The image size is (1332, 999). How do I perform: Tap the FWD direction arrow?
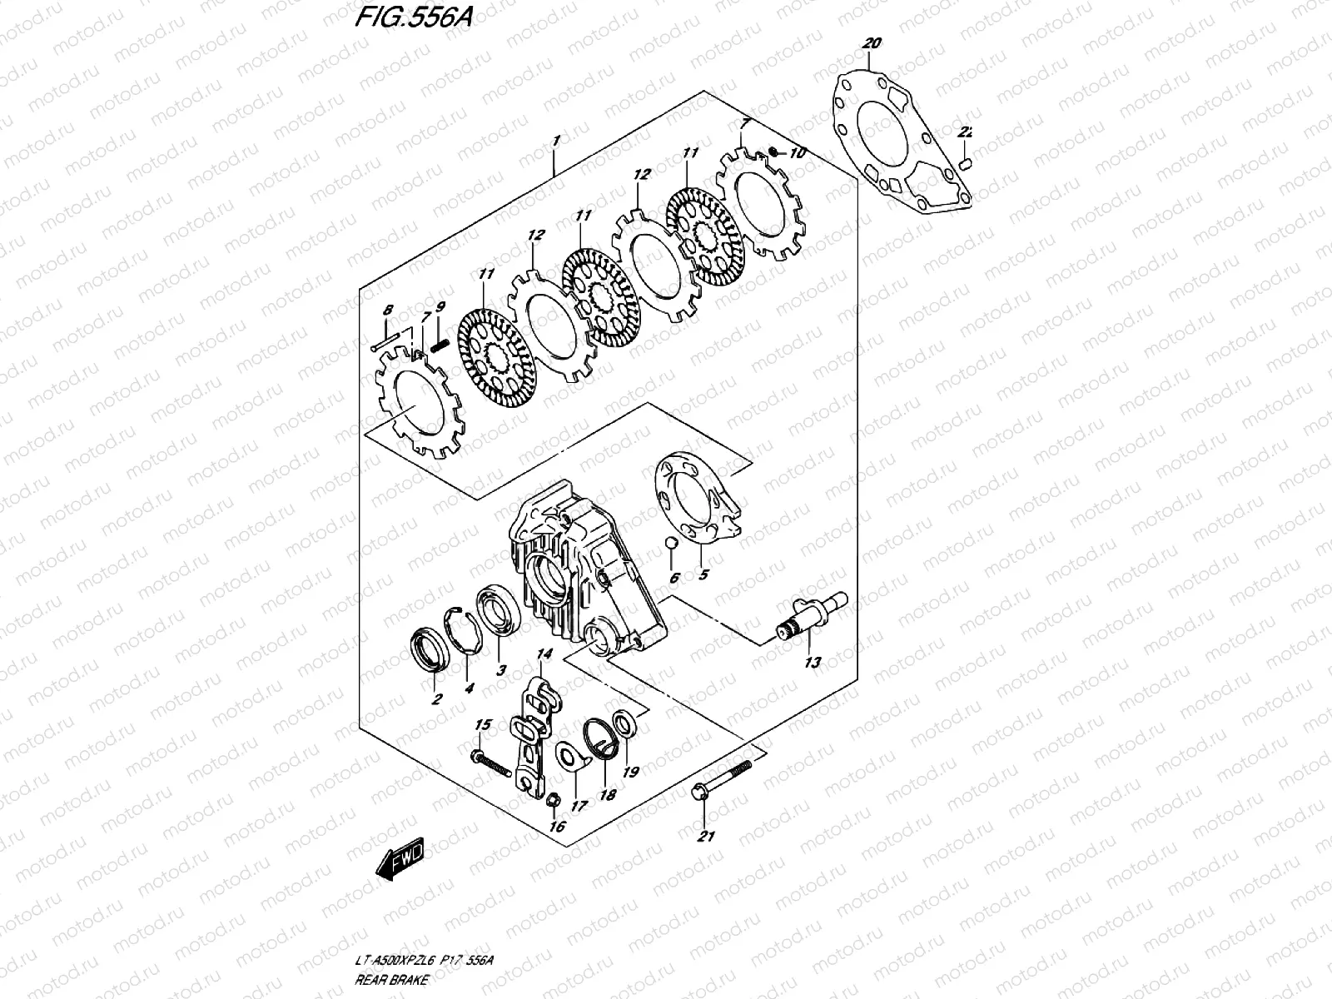coord(400,859)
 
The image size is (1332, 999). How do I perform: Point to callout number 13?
coord(812,663)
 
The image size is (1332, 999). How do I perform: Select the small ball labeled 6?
coord(671,544)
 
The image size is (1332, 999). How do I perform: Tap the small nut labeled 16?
coord(550,800)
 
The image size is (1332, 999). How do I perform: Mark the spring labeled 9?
coord(440,340)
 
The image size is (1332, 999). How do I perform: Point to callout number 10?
coord(798,153)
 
